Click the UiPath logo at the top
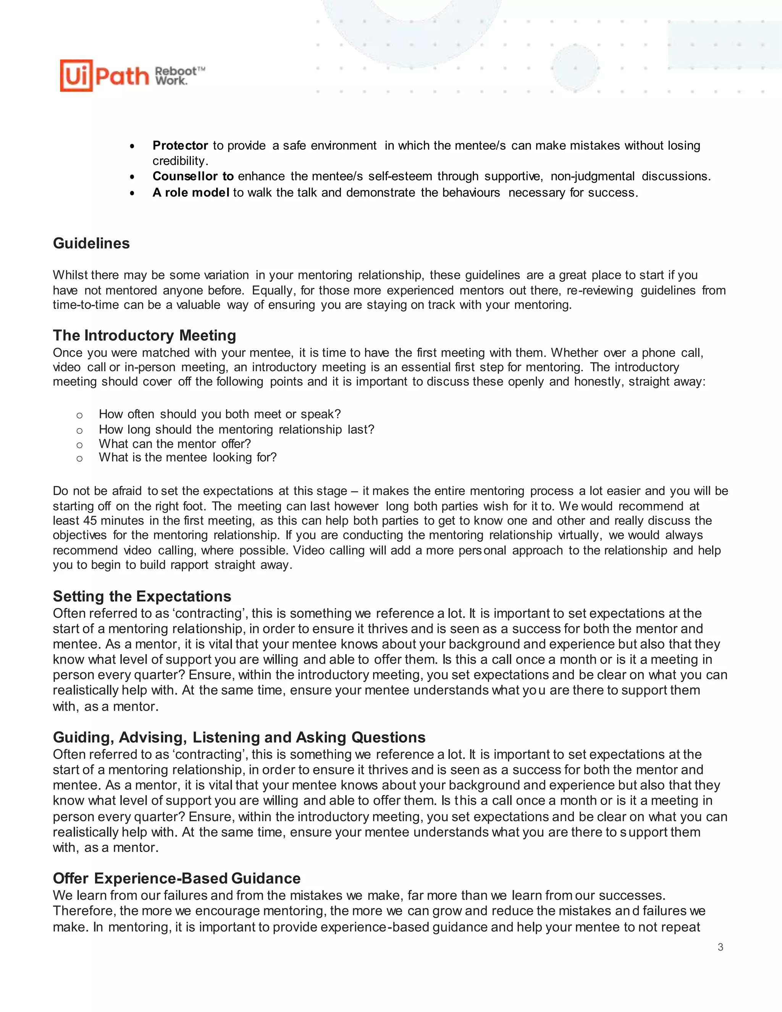click(x=104, y=76)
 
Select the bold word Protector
click(x=180, y=145)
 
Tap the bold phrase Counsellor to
click(x=193, y=176)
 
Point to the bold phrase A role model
click(x=191, y=193)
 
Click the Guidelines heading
click(x=91, y=243)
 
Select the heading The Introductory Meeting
click(x=144, y=335)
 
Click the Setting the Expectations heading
click(x=142, y=596)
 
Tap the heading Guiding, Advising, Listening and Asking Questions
click(x=239, y=737)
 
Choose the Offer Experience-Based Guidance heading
click(x=176, y=878)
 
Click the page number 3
click(x=721, y=947)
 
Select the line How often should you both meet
click(x=220, y=414)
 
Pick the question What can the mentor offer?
click(x=174, y=444)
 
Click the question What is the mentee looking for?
click(x=187, y=458)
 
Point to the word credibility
click(x=179, y=161)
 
